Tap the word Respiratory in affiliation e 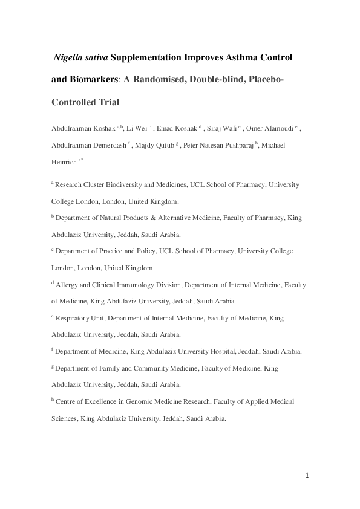tap(76, 317)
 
